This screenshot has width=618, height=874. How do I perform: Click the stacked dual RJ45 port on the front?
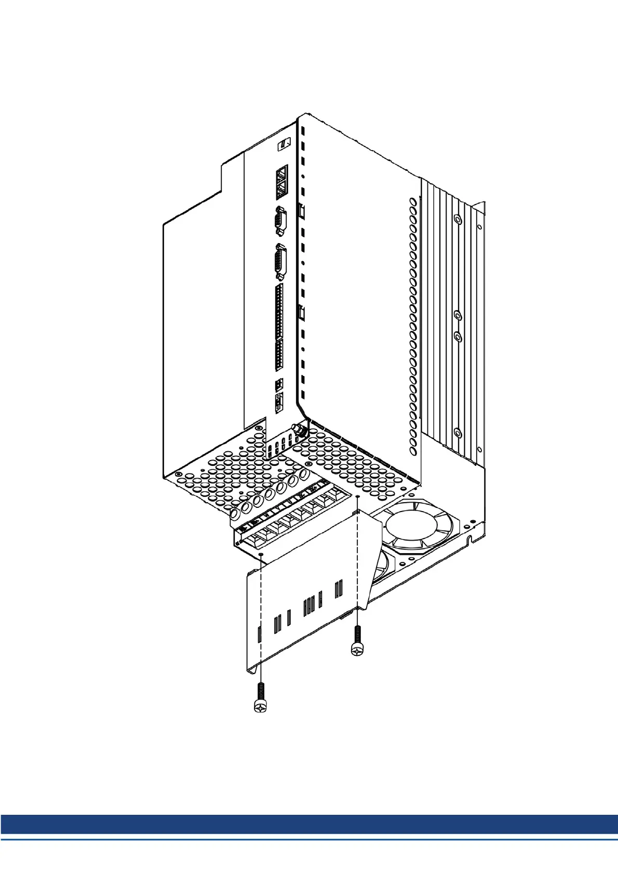(x=281, y=182)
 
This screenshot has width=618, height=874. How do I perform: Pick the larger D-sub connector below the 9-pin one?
(x=280, y=263)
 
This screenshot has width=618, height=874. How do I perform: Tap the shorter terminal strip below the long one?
(x=279, y=355)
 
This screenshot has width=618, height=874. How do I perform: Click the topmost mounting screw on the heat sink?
(x=458, y=220)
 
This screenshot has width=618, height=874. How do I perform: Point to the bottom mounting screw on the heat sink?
(x=458, y=433)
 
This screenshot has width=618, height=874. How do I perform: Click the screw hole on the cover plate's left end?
(x=261, y=555)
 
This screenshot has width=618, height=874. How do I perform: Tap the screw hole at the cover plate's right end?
(x=358, y=497)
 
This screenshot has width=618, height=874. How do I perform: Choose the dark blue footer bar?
(x=309, y=824)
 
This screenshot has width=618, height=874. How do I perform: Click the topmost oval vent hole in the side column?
(x=413, y=201)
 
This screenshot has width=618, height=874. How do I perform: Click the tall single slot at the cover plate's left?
(x=259, y=634)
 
